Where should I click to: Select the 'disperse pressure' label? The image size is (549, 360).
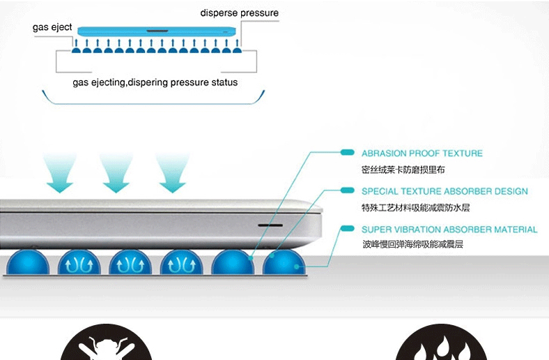coord(239,13)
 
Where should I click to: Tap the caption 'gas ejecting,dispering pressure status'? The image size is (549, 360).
coord(155,82)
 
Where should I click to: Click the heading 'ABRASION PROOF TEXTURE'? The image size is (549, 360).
coord(422,153)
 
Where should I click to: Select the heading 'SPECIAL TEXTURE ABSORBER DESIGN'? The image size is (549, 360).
coord(444,191)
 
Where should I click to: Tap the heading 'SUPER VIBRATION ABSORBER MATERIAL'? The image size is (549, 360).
coord(449,230)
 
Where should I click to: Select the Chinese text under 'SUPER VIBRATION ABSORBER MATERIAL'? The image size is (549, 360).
coord(412,245)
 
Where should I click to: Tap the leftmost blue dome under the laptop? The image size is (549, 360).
coord(28,263)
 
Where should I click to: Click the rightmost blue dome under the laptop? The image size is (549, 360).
coord(284,263)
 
